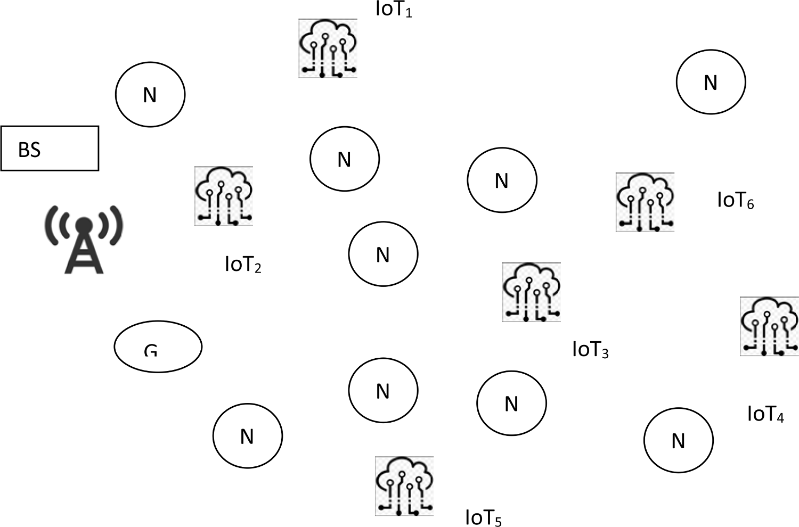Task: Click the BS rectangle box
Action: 50,149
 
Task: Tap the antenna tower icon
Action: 84,239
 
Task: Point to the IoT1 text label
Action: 394,10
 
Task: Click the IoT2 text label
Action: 243,265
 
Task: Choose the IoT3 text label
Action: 590,350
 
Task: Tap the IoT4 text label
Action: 765,414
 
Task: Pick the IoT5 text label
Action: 484,517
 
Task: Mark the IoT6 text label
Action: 736,201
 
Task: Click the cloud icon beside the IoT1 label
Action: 328,48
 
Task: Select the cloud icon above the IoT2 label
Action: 224,196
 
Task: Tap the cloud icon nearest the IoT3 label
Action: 532,292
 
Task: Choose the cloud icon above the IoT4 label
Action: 769,326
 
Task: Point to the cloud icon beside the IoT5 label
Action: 404,486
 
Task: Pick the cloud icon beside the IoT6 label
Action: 645,202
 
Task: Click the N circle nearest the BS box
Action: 150,95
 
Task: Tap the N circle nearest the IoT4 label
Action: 678,440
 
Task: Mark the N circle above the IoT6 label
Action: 711,82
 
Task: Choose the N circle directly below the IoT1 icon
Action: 345,158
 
